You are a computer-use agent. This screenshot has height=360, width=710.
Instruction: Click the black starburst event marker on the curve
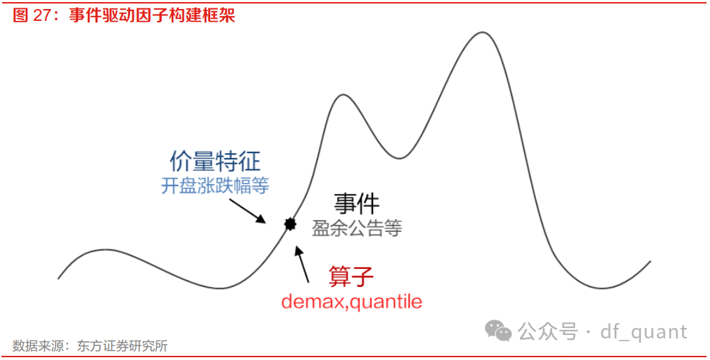click(290, 224)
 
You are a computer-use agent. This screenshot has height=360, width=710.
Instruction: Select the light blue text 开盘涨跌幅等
click(215, 186)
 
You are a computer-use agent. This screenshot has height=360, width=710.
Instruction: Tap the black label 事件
click(357, 204)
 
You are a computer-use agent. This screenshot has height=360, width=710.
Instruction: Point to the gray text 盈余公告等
click(357, 228)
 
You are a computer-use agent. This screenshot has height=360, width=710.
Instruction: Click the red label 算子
click(351, 276)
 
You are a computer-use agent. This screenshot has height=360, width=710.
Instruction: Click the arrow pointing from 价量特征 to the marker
click(247, 209)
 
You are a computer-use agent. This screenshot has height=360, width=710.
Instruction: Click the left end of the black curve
click(58, 279)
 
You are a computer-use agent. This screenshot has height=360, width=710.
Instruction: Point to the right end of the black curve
click(650, 262)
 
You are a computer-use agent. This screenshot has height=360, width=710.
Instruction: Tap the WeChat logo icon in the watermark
click(498, 331)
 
